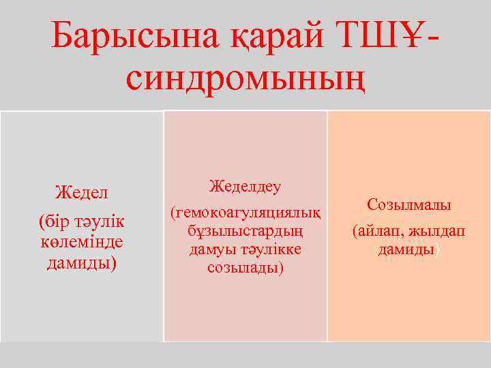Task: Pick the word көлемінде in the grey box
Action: point(82,242)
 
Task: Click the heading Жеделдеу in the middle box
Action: point(245,185)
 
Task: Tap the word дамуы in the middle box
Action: point(211,249)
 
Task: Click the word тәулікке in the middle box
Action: point(268,249)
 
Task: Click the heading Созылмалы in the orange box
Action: point(409,204)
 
